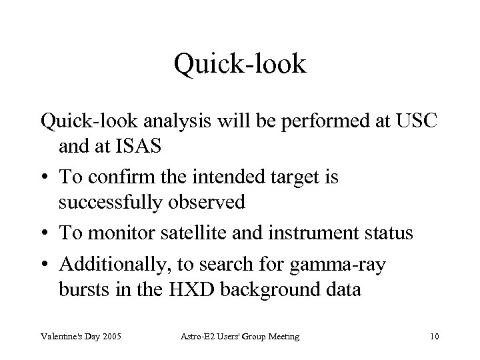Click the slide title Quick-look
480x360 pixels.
point(240,64)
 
